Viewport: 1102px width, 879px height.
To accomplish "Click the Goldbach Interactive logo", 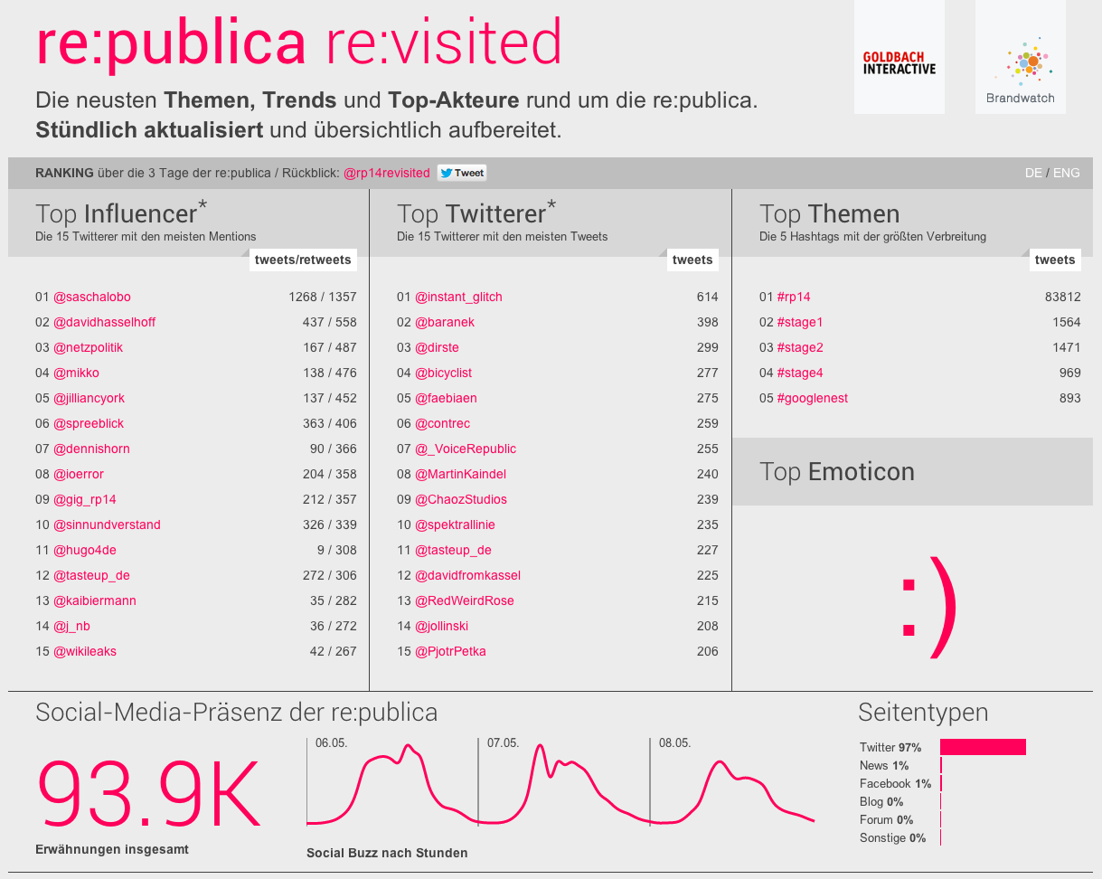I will point(899,62).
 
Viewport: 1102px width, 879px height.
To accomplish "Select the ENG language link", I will point(1066,173).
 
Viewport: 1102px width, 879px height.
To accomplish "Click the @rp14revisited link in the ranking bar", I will point(387,173).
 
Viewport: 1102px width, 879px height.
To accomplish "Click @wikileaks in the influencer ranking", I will point(85,651).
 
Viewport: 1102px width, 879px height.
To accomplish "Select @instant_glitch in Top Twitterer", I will point(458,297).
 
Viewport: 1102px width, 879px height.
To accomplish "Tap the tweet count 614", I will point(707,297).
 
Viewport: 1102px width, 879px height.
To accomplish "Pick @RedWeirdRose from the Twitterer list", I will point(464,600).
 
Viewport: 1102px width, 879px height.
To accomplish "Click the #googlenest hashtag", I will point(812,398).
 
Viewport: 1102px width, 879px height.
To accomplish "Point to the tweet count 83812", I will point(1062,297).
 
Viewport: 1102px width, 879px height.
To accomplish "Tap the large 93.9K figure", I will point(148,793).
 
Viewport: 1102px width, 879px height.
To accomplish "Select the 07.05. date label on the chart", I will point(503,743).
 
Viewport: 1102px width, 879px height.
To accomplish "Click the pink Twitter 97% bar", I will point(983,747).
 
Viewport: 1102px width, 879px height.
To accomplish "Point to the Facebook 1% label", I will point(895,783).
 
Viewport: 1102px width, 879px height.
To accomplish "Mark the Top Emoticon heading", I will point(837,472).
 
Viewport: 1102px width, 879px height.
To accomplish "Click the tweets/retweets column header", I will point(303,260).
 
